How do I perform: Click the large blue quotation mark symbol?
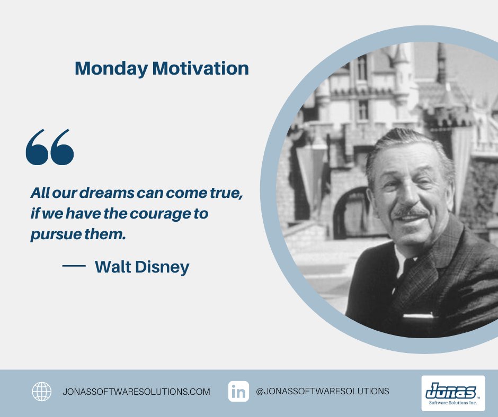[50, 147]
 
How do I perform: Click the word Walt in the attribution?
[113, 267]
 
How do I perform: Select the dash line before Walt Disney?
[74, 267]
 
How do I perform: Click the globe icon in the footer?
[42, 392]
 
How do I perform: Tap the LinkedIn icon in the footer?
[239, 392]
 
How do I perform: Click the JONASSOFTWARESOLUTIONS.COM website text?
[136, 392]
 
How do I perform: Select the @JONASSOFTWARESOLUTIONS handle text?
[322, 392]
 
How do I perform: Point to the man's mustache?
[411, 212]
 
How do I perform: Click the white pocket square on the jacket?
[419, 315]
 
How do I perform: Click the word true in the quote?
[227, 194]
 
